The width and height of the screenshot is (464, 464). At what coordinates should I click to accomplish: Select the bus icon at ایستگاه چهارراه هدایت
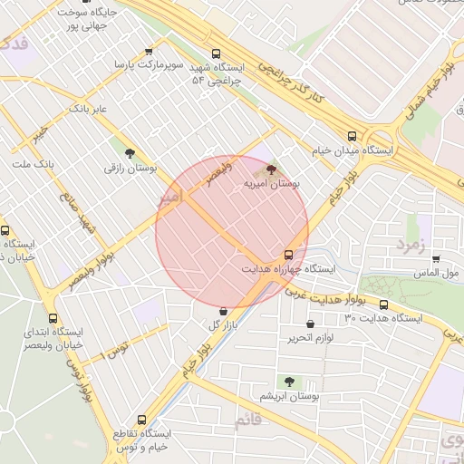tap(288, 255)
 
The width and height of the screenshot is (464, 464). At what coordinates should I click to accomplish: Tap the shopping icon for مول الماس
tap(437, 257)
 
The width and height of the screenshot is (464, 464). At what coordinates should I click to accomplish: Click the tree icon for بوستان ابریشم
tap(289, 382)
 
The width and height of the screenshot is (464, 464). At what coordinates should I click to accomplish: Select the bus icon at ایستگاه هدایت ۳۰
tap(383, 304)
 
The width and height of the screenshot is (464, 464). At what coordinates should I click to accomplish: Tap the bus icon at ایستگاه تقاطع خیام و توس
tap(140, 420)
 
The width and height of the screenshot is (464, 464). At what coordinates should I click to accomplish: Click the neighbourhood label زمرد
tap(410, 245)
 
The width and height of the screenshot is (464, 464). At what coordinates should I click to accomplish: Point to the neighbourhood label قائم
tap(246, 421)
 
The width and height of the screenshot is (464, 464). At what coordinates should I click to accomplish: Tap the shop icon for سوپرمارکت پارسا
tap(150, 52)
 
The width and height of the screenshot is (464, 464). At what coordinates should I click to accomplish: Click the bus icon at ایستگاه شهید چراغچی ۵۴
tap(215, 53)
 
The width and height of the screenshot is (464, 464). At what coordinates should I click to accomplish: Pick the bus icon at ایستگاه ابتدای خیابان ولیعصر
tap(53, 318)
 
